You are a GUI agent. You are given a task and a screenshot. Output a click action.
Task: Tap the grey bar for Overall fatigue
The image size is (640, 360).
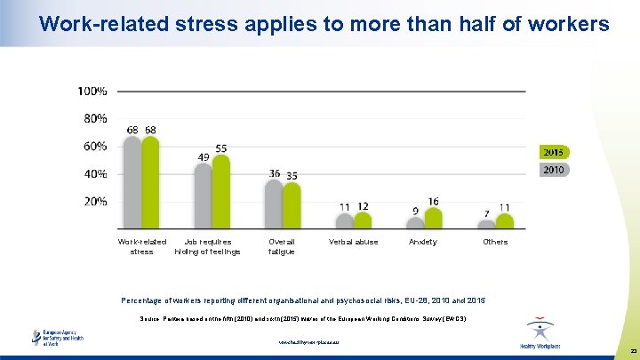pos(274,204)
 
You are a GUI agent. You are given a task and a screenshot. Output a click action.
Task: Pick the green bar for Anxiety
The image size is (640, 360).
pos(433,219)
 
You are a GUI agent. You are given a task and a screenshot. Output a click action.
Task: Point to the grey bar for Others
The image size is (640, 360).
pos(486,224)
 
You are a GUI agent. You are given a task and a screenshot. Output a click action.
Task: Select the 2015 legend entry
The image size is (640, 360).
pos(553,152)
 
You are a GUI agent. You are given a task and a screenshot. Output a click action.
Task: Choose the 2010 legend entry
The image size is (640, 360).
pos(553,169)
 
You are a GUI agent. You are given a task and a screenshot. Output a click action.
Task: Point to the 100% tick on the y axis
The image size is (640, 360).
pos(93,91)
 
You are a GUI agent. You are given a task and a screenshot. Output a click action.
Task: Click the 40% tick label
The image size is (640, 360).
pos(95,173)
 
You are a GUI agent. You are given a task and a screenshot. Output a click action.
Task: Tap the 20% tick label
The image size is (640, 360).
pos(95,201)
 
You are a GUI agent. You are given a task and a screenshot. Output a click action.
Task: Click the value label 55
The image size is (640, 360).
pos(221,148)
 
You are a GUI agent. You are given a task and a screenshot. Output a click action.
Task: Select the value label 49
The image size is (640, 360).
pos(204,156)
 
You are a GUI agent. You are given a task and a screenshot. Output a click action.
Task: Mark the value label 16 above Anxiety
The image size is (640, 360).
pos(433,202)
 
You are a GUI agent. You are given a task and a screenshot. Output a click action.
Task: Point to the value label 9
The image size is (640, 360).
pos(415,211)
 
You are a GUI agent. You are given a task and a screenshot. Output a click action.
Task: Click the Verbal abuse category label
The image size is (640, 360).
pos(353,242)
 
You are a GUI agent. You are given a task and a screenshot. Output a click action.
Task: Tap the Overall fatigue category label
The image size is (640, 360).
pos(281,246)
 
